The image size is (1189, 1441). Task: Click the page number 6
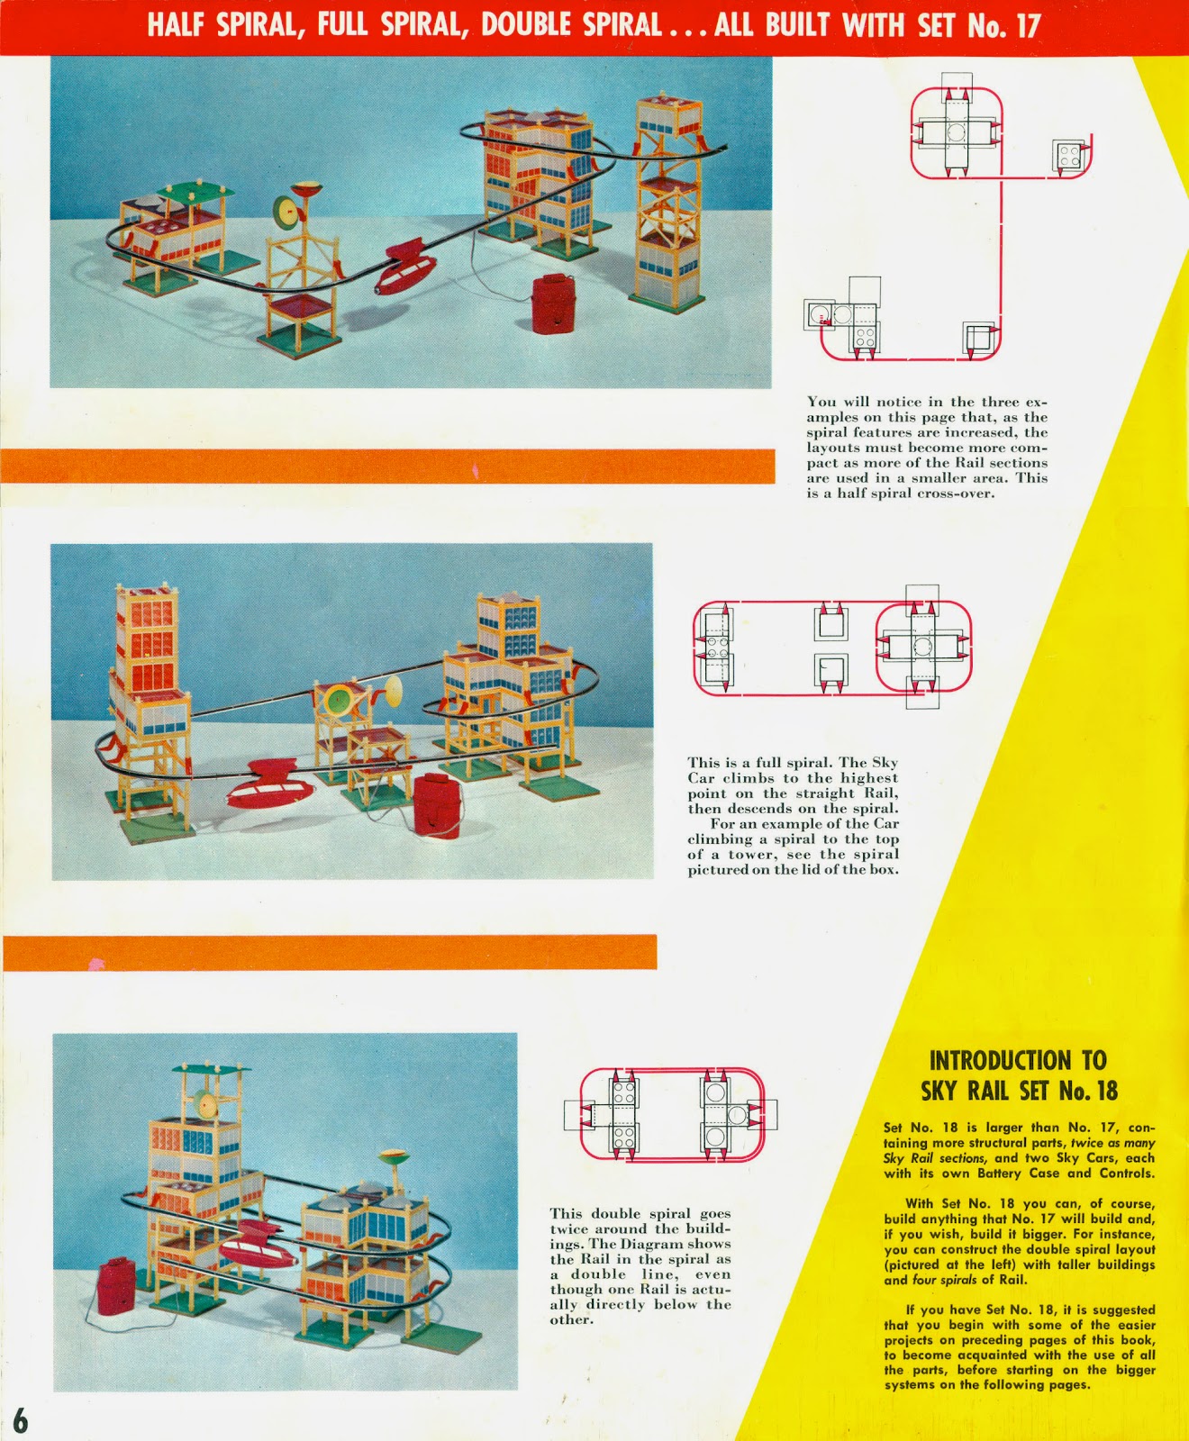pos(20,1420)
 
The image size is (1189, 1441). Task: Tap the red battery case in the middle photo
pos(437,804)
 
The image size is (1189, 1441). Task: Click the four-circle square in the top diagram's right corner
pos(1068,156)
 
